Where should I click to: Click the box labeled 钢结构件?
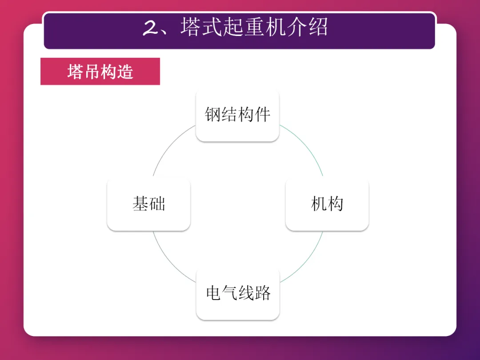[x=237, y=115]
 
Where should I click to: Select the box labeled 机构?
[x=327, y=204]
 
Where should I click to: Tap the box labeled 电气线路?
[x=238, y=293]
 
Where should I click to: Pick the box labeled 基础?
[x=148, y=204]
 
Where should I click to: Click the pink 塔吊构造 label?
[x=100, y=72]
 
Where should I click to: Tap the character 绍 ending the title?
[x=318, y=28]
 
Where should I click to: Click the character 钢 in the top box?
[x=213, y=115]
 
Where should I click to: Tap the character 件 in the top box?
[x=262, y=115]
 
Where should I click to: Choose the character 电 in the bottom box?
[x=213, y=293]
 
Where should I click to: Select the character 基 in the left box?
[x=140, y=204]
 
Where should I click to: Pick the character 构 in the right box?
[x=335, y=204]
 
